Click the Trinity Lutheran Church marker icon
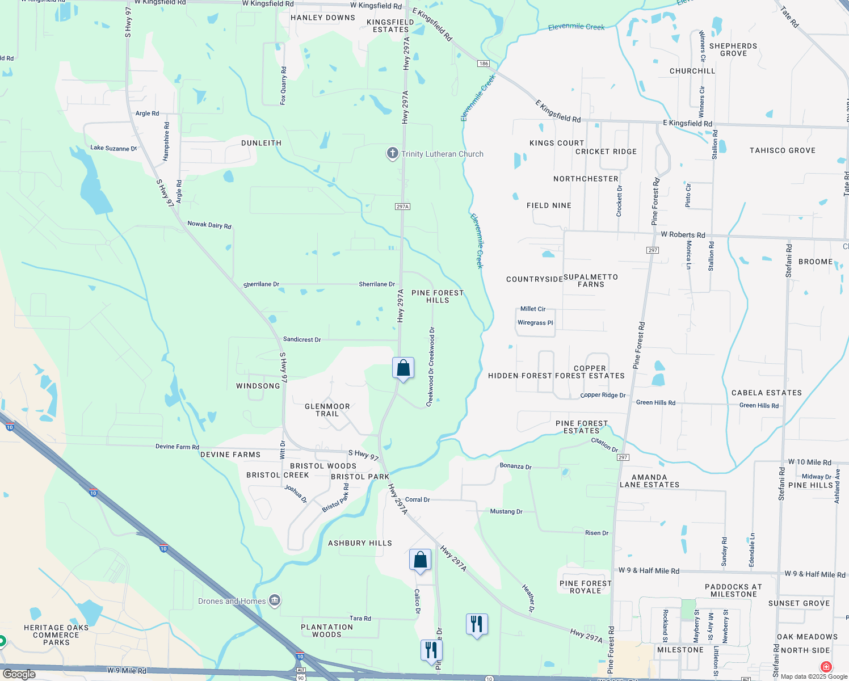pyautogui.click(x=392, y=153)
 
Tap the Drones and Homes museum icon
pyautogui.click(x=275, y=600)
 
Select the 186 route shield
pyautogui.click(x=484, y=64)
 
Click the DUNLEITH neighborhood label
pyautogui.click(x=261, y=143)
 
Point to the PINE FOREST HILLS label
pyautogui.click(x=438, y=296)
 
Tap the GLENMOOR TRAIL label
pyautogui.click(x=327, y=410)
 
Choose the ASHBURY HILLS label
pyautogui.click(x=360, y=543)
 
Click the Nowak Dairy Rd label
pyautogui.click(x=209, y=225)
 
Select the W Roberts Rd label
pyautogui.click(x=683, y=234)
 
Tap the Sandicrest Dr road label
pyautogui.click(x=302, y=339)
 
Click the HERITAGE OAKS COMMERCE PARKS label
pyautogui.click(x=56, y=635)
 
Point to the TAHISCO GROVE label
pyautogui.click(x=782, y=150)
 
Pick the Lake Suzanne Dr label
pyautogui.click(x=114, y=148)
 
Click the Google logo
pyautogui.click(x=19, y=674)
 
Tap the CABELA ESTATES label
pyautogui.click(x=766, y=393)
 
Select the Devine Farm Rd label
pyautogui.click(x=177, y=447)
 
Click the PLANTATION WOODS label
pyautogui.click(x=327, y=630)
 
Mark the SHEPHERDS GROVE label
pyautogui.click(x=733, y=49)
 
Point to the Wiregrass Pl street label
pyautogui.click(x=535, y=322)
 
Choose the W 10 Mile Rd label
pyautogui.click(x=809, y=462)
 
